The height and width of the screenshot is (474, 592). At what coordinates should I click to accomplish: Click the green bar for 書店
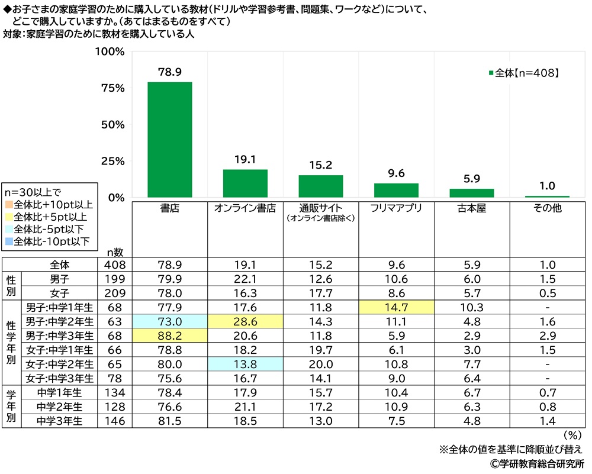point(169,140)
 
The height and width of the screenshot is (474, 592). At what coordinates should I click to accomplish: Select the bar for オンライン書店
point(245,183)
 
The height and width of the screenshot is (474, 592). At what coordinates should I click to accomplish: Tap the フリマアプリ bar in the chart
point(396,191)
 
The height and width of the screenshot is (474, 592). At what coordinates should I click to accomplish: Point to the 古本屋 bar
point(472,193)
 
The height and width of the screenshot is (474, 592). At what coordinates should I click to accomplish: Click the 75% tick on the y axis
point(112,88)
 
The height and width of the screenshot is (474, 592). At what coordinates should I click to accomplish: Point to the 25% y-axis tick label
point(112,161)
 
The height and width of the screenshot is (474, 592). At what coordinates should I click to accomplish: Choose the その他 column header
point(548,208)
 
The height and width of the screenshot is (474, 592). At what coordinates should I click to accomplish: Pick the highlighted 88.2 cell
point(169,335)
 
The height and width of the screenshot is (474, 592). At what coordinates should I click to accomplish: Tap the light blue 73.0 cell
point(169,321)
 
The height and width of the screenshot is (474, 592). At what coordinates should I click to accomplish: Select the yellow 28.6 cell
point(245,321)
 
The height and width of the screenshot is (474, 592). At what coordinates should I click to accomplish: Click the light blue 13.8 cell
point(245,363)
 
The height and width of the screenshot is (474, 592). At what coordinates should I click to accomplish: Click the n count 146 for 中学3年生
point(115,420)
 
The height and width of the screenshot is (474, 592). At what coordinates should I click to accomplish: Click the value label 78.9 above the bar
point(169,72)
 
